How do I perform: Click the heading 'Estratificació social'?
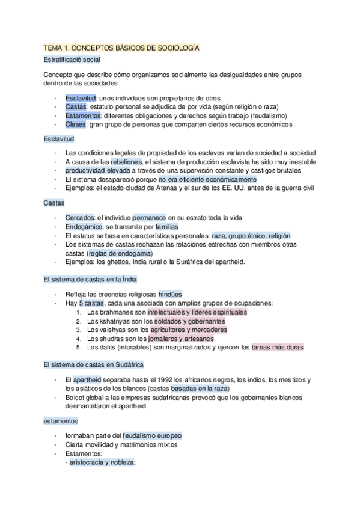72,60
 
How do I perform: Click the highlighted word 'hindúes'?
170,295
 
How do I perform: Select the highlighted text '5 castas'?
91,303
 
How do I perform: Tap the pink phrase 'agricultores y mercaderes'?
189,330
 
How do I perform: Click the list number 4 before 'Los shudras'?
80,339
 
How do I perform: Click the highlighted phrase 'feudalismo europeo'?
152,435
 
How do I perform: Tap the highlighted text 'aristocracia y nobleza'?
102,462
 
